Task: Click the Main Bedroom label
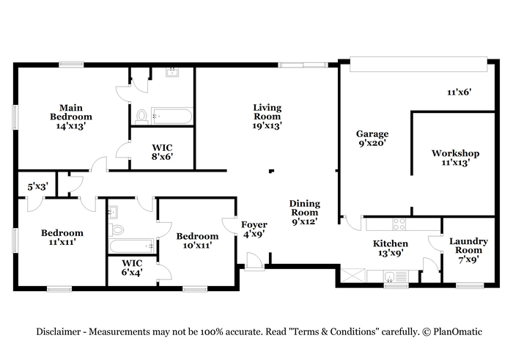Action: coord(71,117)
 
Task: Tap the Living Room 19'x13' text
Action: coord(267,117)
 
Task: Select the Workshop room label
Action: coord(455,158)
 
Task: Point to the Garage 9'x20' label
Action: coord(372,139)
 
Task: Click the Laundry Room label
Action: coord(468,250)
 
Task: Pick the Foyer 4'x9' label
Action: coord(254,229)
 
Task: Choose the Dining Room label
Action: coord(305,213)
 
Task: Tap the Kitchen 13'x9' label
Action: coord(391,248)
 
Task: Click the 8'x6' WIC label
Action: coord(162,153)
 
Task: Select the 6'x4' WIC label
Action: coord(132,268)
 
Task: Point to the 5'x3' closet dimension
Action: coord(38,187)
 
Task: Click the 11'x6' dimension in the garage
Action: coord(459,92)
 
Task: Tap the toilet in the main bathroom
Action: coord(141,116)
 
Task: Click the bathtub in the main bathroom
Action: coord(171,116)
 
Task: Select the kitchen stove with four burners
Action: coord(399,224)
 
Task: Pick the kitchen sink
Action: coord(389,277)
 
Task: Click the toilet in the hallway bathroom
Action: coord(116,229)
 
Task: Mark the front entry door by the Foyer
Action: coord(254,261)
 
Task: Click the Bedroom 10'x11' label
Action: coord(197,240)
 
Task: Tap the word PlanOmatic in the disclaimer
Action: coord(457,332)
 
